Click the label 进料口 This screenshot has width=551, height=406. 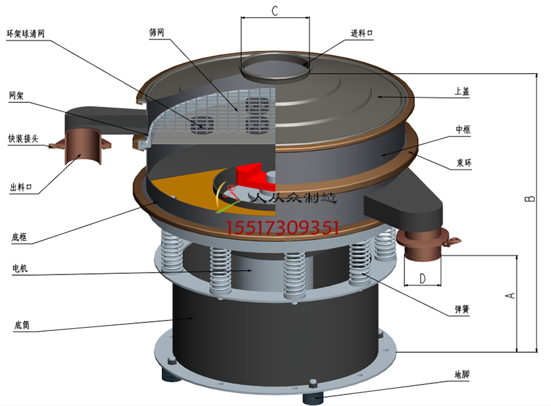point(362,33)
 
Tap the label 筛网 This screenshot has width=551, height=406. point(157,32)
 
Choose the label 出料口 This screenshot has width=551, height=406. point(21,188)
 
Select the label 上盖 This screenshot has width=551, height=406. point(462,92)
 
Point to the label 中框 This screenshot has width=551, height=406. point(463,130)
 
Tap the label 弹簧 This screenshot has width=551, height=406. point(462,310)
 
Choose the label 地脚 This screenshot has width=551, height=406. point(462,374)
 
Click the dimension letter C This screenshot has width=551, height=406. point(274,10)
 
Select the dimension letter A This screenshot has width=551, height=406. point(511,295)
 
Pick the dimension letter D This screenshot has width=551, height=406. point(423,278)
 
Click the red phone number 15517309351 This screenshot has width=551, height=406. point(283,227)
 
